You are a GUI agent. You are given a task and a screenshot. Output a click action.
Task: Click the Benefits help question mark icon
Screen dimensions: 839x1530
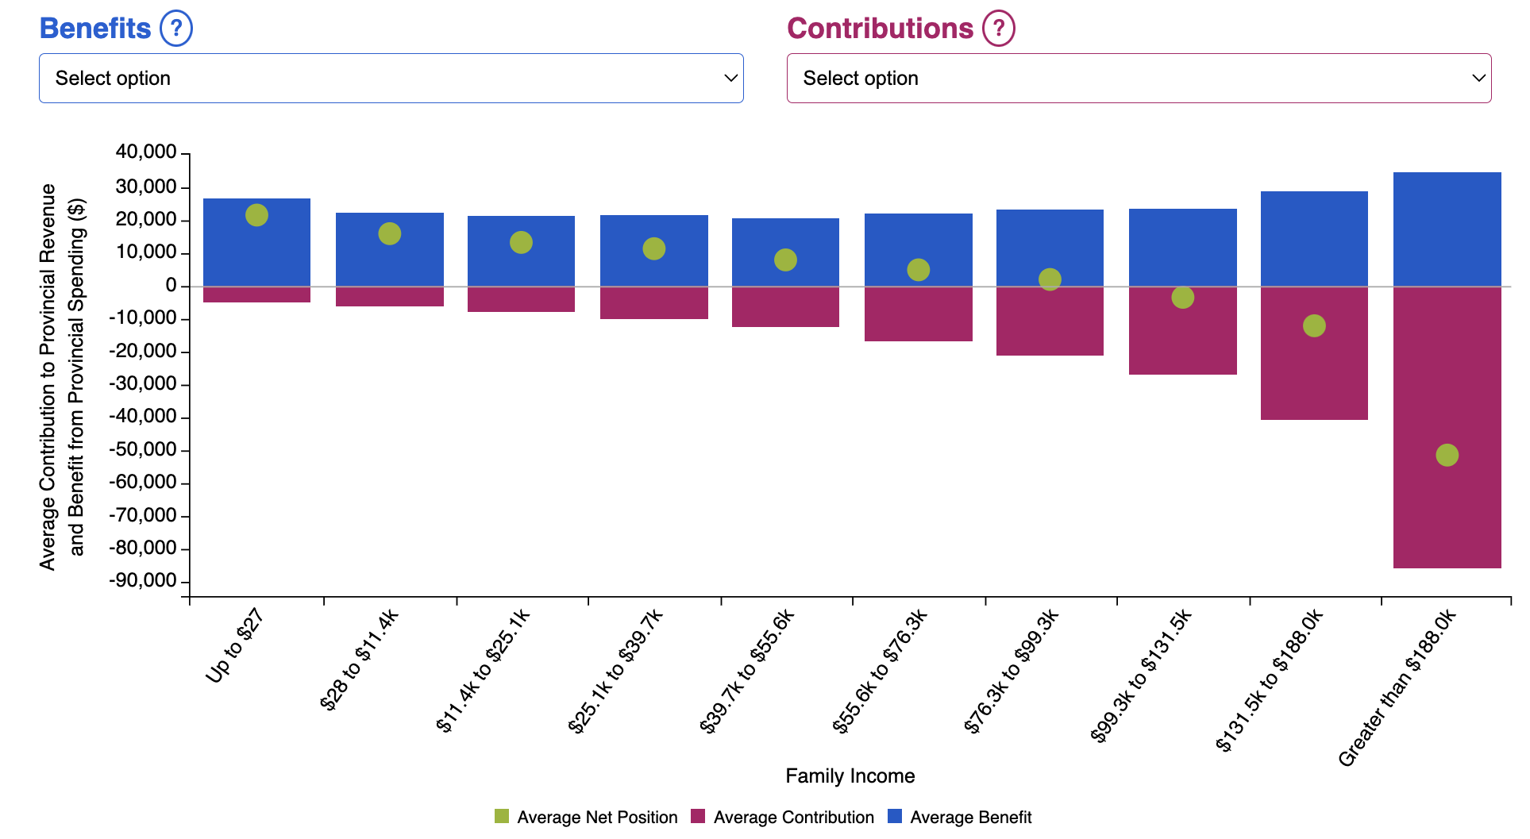(x=176, y=29)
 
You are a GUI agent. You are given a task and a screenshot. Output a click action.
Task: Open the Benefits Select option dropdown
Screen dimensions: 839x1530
(x=391, y=78)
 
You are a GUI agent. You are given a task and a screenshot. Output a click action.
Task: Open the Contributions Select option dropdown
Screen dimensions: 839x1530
(x=1139, y=78)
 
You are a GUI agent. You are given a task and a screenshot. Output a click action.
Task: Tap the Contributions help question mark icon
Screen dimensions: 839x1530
(x=999, y=29)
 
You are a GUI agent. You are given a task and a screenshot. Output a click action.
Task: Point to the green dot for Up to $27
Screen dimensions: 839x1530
(x=256, y=215)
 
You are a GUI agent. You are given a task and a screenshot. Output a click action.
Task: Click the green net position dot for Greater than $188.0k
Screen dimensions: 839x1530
(x=1447, y=455)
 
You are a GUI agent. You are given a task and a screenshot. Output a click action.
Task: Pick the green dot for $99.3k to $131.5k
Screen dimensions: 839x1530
(x=1182, y=298)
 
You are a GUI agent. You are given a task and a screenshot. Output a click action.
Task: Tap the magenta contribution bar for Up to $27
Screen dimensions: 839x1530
(x=256, y=294)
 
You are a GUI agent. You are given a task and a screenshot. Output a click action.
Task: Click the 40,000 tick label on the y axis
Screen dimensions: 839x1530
(x=146, y=152)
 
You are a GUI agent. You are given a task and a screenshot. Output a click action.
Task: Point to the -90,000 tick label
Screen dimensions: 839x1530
(x=143, y=581)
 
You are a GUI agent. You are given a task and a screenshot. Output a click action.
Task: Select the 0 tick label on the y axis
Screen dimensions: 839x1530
(x=171, y=286)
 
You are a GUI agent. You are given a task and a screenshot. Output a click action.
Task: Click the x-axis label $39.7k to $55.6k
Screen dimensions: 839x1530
(x=747, y=672)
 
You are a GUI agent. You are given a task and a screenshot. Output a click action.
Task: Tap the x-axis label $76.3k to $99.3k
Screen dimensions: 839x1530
(x=1012, y=672)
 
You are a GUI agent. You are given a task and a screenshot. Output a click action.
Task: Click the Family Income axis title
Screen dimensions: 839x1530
(x=850, y=775)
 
